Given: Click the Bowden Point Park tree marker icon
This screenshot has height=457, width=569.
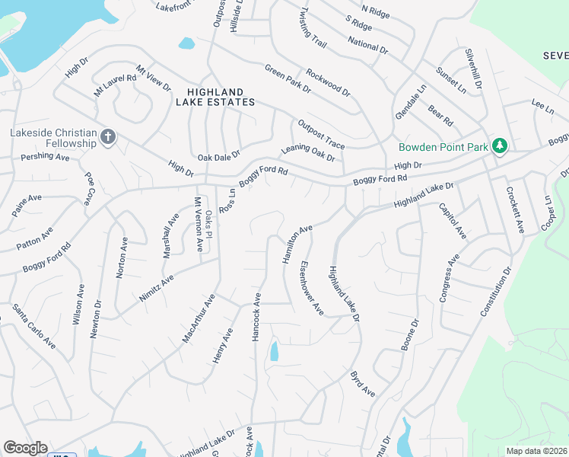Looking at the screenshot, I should click(x=499, y=145).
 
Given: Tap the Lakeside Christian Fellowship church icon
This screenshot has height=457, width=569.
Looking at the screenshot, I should click(x=108, y=137).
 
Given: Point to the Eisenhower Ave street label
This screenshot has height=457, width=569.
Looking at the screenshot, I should click(x=312, y=289).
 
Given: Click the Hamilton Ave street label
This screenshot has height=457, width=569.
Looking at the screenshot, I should click(x=297, y=244).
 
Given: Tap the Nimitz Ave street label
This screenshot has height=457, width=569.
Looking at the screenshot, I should click(x=157, y=289).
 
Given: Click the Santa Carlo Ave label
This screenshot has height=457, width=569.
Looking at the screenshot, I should click(x=33, y=327).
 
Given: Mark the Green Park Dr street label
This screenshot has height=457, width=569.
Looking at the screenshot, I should click(x=288, y=78).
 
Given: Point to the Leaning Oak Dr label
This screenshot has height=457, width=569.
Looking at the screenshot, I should click(x=308, y=152).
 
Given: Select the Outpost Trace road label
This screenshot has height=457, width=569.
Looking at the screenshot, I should click(x=321, y=134).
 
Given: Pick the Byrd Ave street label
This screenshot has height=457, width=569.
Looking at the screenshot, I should click(x=362, y=384).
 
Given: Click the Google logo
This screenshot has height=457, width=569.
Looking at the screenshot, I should click(x=25, y=448).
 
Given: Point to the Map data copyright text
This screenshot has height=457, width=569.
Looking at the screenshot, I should click(x=536, y=451).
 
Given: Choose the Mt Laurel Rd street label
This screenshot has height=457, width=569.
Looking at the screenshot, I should click(x=114, y=84).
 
